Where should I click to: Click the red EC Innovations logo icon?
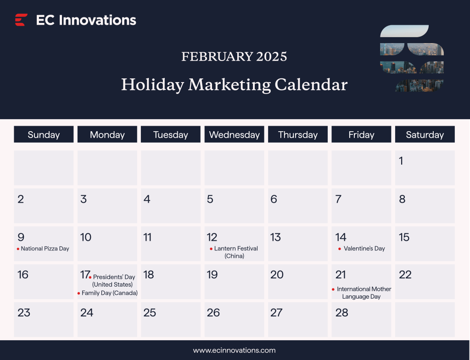point(21,20)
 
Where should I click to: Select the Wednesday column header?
point(234,135)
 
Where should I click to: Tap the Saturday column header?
point(425,135)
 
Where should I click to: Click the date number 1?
point(401,161)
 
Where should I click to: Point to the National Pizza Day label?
point(45,249)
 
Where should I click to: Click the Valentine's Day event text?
point(364,249)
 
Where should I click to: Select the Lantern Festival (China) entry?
point(235,252)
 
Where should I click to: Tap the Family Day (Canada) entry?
point(109,293)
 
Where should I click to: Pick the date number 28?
point(342,313)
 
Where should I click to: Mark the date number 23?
point(24,313)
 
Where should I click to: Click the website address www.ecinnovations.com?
point(234,350)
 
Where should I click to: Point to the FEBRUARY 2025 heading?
point(234,56)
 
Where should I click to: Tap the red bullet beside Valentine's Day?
point(340,249)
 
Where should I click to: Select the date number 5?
point(210,199)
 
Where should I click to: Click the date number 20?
point(277,275)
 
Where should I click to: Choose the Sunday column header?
point(44,135)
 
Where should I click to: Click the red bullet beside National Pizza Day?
point(18,249)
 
